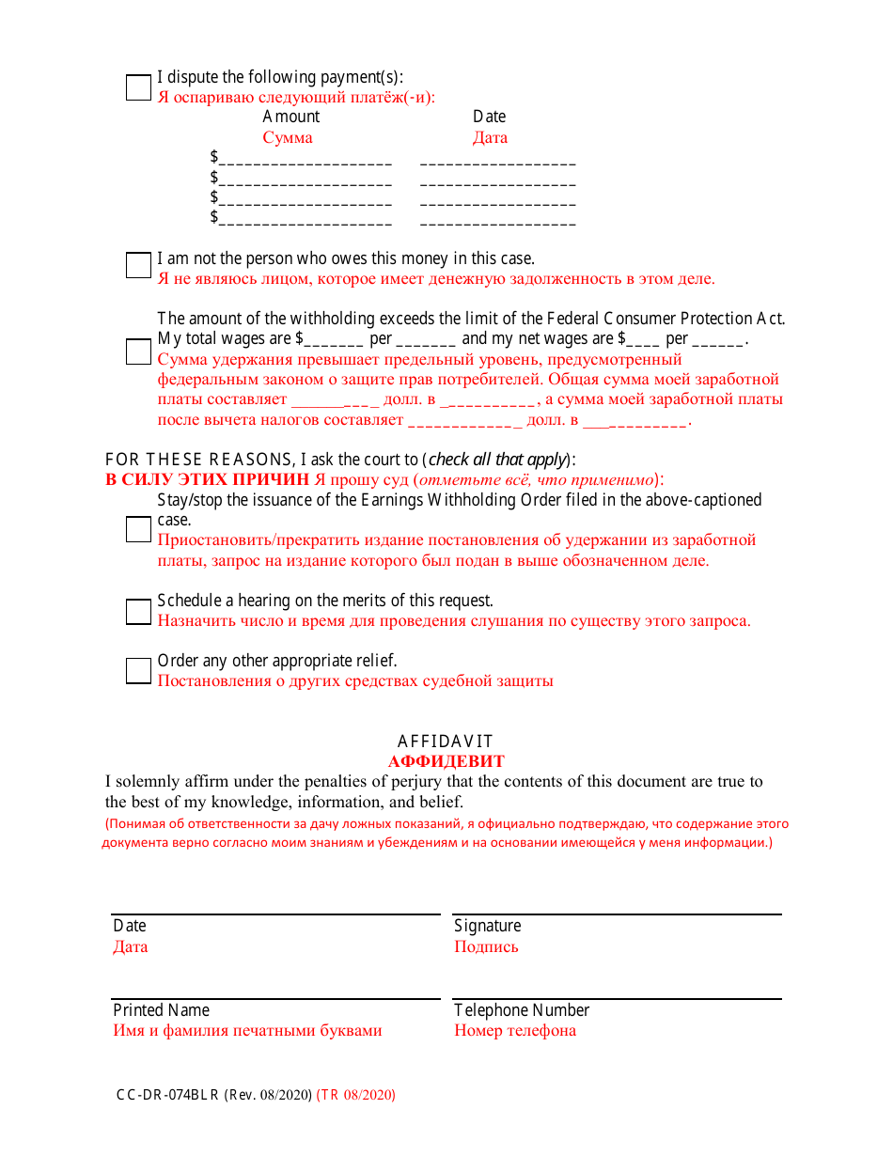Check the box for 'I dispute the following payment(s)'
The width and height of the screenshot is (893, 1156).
pyautogui.click(x=138, y=87)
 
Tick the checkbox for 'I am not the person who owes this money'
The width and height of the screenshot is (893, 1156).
pyautogui.click(x=138, y=265)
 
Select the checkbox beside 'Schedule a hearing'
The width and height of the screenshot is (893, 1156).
pyautogui.click(x=138, y=612)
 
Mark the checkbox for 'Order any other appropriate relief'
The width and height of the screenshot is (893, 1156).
pyautogui.click(x=138, y=670)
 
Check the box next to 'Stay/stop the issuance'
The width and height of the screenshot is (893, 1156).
pyautogui.click(x=138, y=529)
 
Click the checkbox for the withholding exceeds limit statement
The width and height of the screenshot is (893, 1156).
pyautogui.click(x=138, y=351)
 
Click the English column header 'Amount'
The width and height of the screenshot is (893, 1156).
pyautogui.click(x=290, y=117)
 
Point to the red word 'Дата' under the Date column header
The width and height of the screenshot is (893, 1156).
pyautogui.click(x=490, y=137)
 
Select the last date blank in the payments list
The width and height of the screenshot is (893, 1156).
pyautogui.click(x=497, y=219)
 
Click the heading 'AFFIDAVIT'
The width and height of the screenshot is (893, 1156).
pyautogui.click(x=445, y=742)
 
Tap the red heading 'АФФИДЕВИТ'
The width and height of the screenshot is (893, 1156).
pyautogui.click(x=446, y=761)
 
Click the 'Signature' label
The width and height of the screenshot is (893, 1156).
pyautogui.click(x=487, y=926)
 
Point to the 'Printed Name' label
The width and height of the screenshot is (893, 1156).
pyautogui.click(x=161, y=1010)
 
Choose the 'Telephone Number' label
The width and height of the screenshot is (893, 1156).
pyautogui.click(x=522, y=1010)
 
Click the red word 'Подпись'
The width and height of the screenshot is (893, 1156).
pyautogui.click(x=486, y=946)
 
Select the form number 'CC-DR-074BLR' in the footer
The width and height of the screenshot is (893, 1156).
pyautogui.click(x=167, y=1095)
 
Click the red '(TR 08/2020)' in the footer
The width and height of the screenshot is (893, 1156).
pyautogui.click(x=355, y=1095)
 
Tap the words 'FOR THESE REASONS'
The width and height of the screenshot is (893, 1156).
pyautogui.click(x=199, y=460)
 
